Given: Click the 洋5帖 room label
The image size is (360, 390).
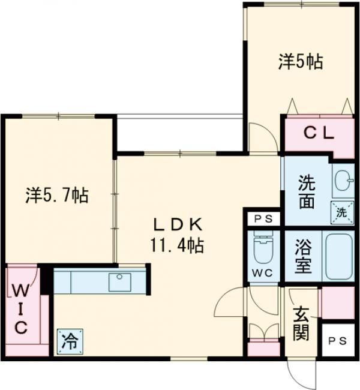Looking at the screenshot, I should [300, 61].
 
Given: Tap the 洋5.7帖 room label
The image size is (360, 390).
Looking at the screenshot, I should [58, 195].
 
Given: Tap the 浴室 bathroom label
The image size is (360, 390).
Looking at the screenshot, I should [303, 256].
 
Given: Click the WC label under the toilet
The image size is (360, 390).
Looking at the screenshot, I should [263, 273].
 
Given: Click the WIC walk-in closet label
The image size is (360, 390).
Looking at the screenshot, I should [20, 309].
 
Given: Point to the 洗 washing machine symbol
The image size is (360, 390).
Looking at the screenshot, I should [341, 211].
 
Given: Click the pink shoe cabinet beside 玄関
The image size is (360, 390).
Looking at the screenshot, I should [337, 303].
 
